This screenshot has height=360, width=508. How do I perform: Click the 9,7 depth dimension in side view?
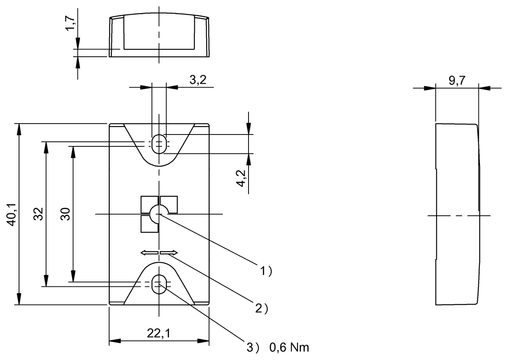coord(456,82)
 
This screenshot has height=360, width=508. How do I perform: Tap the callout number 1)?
coord(265,271)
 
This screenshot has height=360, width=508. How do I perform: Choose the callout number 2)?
coord(262,308)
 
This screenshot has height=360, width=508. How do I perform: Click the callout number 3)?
coord(253,348)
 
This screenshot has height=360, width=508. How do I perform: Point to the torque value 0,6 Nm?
coord(289,348)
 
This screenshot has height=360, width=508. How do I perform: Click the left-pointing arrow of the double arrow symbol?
coord(149,253)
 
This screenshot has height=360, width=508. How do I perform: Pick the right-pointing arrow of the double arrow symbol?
coord(169,253)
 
